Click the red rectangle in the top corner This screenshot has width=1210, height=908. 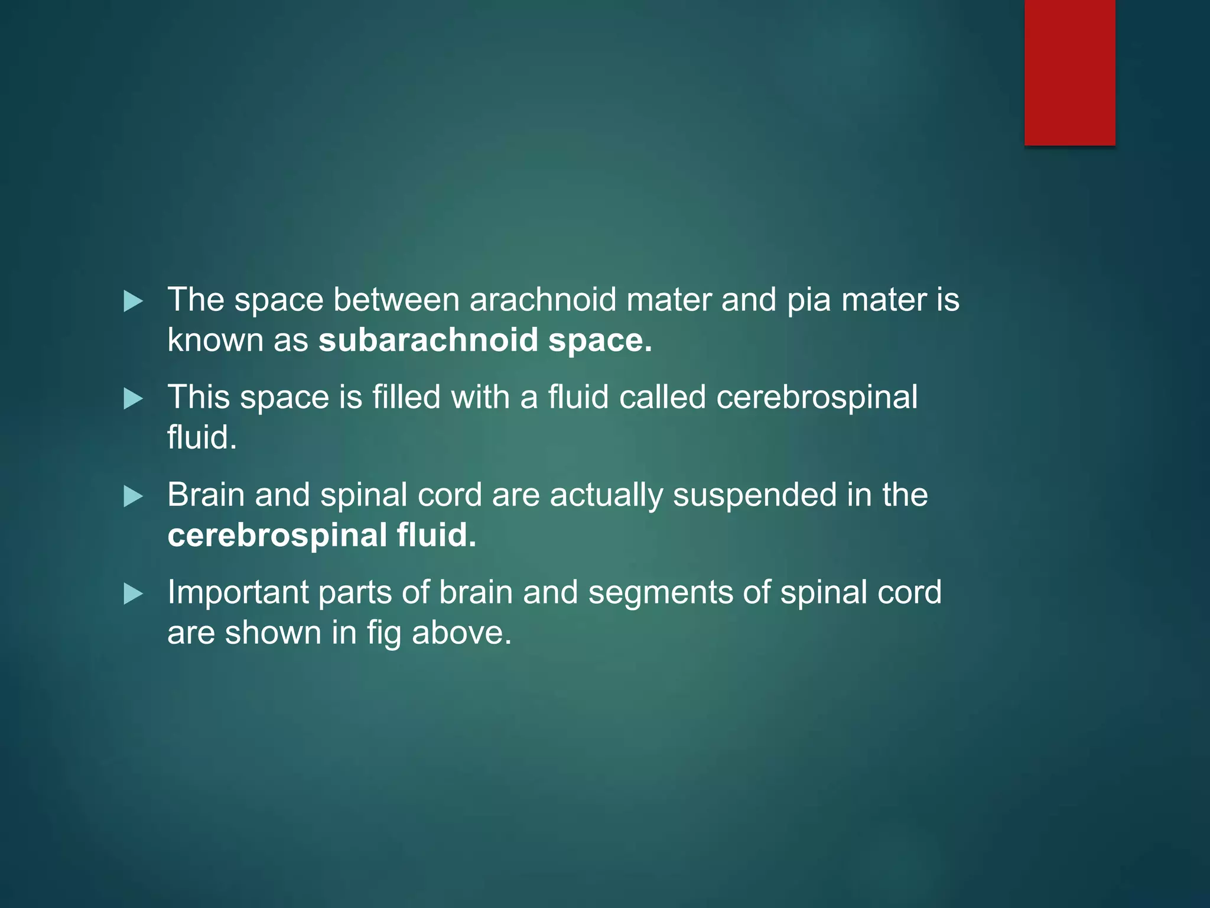(x=1069, y=72)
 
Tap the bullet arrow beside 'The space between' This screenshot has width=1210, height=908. (x=133, y=301)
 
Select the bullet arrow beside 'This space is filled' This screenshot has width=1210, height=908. (x=133, y=399)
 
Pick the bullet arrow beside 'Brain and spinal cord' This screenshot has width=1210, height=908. (x=133, y=497)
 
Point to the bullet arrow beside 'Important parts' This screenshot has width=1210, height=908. (x=133, y=594)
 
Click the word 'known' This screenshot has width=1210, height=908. (x=215, y=341)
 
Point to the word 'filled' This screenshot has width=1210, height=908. (x=406, y=397)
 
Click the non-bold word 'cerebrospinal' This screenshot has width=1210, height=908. (x=817, y=398)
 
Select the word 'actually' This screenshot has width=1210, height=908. (x=606, y=495)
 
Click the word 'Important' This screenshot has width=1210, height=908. (x=238, y=593)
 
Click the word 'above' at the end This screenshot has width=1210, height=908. (x=461, y=633)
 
